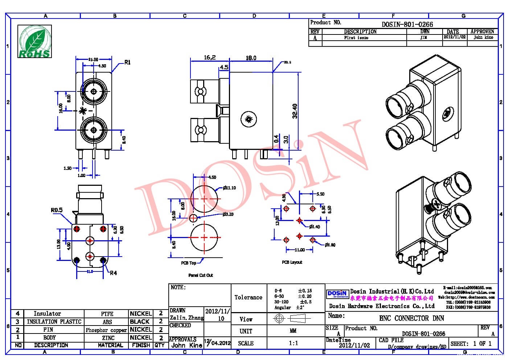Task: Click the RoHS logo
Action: point(35,42)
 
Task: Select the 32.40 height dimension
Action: point(295,111)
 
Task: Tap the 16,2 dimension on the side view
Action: point(210,57)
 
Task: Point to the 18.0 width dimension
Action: point(251,58)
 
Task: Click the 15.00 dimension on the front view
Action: point(93,60)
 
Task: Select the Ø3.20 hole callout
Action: point(228,214)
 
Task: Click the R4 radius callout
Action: point(113,273)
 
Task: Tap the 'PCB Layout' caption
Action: point(292,262)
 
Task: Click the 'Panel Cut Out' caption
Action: point(201,275)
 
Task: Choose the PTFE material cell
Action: point(107,314)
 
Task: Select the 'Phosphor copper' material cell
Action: point(106,330)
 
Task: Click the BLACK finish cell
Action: point(140,322)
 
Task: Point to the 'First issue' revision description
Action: point(356,38)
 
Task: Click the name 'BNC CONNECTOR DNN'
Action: point(411,318)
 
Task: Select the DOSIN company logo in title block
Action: point(337,294)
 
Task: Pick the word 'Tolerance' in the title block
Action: point(248,298)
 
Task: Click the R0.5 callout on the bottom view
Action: point(57,210)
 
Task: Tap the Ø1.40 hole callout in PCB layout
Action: point(315,227)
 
